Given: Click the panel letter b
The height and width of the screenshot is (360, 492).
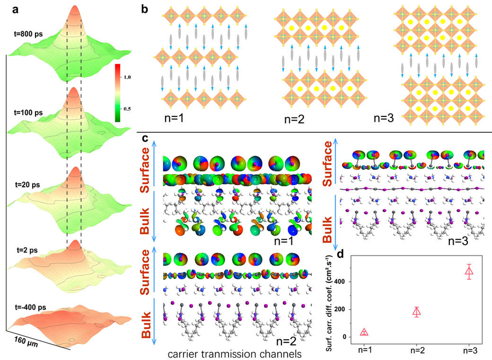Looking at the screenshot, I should click(144, 9).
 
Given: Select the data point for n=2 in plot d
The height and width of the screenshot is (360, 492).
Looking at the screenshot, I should click(418, 312).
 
